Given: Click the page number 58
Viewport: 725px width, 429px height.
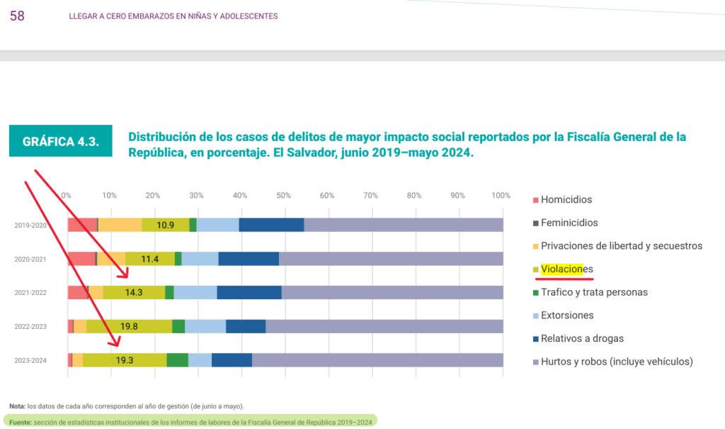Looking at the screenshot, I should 17,16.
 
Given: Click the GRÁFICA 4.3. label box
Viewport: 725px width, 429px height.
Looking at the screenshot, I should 61,141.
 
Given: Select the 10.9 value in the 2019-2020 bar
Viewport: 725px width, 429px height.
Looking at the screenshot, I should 166,225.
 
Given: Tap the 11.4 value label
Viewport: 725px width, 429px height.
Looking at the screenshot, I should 150,259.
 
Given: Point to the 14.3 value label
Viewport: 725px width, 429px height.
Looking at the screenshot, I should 134,292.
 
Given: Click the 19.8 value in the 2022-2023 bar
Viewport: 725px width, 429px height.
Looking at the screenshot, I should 129,326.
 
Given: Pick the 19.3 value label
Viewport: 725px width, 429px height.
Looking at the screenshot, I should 125,360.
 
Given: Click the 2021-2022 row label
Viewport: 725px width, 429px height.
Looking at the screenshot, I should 30,293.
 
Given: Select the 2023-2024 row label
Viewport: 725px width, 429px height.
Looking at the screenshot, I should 30,361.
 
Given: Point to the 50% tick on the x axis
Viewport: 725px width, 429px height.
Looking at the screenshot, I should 284,196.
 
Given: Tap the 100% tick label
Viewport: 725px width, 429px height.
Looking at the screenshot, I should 501,196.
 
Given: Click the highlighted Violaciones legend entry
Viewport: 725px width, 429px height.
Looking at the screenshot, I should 566,269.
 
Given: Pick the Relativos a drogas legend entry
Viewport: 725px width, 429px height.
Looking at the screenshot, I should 582,338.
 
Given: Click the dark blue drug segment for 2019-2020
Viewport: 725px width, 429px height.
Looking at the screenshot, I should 271,225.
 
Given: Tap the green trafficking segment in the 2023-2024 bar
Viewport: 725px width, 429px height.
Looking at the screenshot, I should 177,360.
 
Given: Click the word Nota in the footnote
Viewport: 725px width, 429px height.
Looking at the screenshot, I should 16,406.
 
